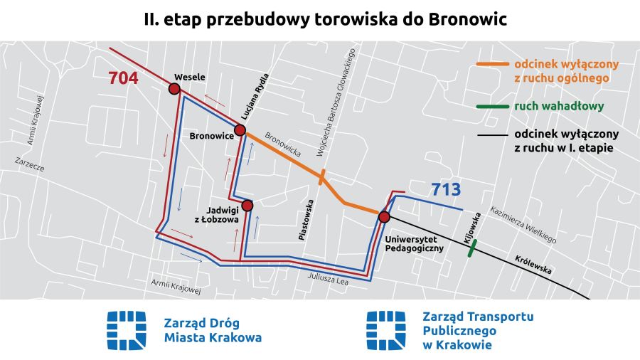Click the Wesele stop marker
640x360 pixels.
(174, 89)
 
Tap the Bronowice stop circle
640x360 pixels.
(240, 130)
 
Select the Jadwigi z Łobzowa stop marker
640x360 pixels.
(247, 206)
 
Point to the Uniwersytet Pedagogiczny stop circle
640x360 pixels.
(384, 217)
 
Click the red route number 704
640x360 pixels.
(123, 78)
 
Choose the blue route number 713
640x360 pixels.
(446, 190)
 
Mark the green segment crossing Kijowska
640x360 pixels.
(471, 248)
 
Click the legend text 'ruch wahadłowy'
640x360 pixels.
(558, 107)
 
